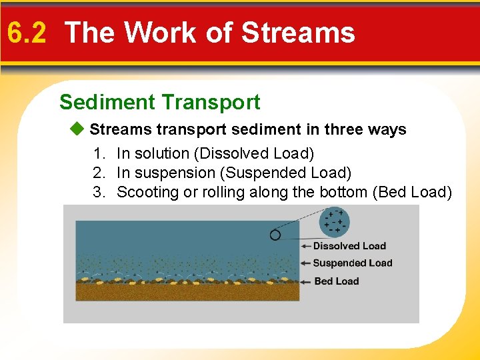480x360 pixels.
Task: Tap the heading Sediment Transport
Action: coord(159,102)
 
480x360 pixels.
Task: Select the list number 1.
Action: coord(99,153)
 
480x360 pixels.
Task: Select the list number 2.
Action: coord(99,173)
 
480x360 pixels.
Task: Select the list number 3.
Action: coord(99,192)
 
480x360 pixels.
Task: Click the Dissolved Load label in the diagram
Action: coord(349,246)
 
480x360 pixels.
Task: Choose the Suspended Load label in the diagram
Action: coord(352,263)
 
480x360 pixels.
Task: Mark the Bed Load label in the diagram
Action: coord(336,281)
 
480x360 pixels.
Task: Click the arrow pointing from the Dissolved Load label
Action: coord(293,241)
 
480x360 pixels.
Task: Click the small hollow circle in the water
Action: coord(275,235)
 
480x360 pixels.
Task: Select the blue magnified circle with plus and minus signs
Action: coord(335,221)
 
